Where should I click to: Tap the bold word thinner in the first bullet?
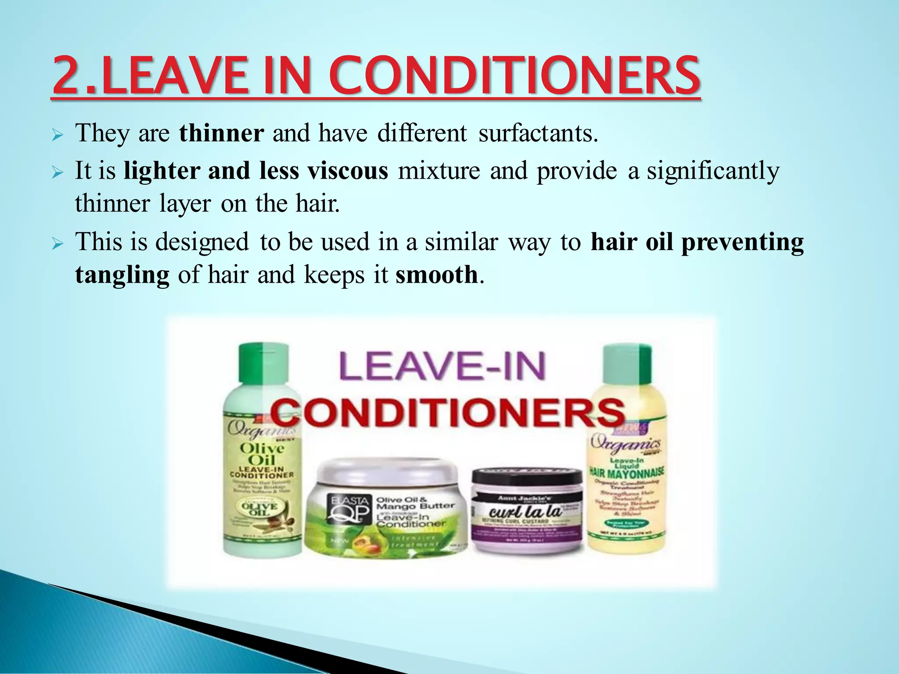[x=222, y=133]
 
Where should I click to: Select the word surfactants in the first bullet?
[x=538, y=133]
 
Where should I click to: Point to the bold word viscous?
[x=348, y=170]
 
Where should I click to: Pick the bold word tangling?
[x=122, y=275]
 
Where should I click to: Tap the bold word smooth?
[x=436, y=275]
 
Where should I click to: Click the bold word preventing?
[x=742, y=242]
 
